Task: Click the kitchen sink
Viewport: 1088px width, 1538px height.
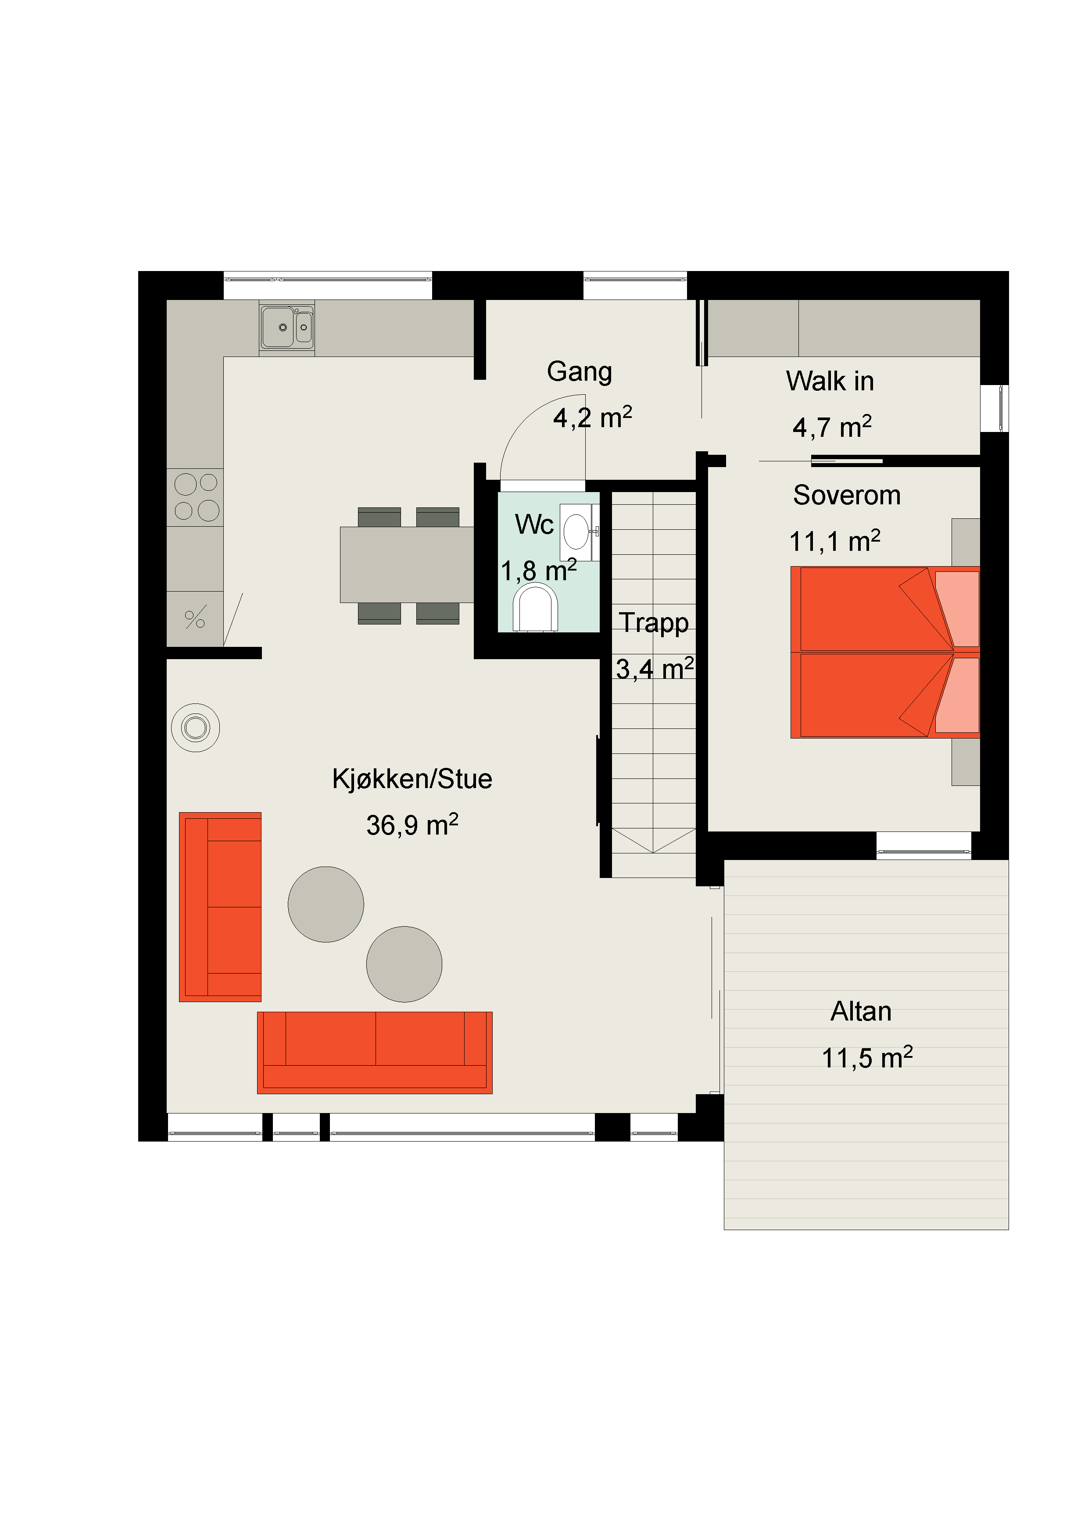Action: [287, 328]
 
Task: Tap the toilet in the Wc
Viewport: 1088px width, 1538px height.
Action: [535, 607]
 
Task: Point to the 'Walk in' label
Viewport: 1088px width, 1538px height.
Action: [830, 381]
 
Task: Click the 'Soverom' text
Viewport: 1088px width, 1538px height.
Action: [847, 495]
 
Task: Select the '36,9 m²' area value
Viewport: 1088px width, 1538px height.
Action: [412, 824]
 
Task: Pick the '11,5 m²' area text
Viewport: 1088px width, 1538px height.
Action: [867, 1057]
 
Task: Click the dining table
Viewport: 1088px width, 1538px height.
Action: [407, 565]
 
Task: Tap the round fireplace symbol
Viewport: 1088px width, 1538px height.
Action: [196, 728]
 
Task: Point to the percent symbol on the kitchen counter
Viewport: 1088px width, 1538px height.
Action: [195, 618]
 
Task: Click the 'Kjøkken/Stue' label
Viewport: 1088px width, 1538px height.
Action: [412, 778]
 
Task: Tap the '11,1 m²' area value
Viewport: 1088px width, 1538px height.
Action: [835, 541]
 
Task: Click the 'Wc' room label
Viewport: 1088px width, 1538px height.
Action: [534, 525]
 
